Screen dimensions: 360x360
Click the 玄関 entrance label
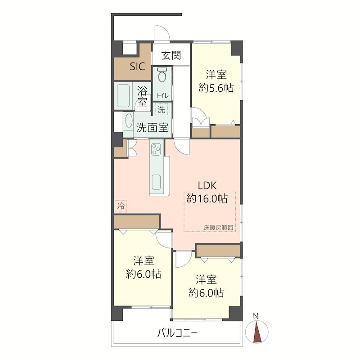171,56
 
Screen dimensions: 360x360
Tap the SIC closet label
137,67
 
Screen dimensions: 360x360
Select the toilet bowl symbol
162,74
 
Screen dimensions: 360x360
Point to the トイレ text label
162,95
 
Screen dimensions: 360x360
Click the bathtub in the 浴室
123,96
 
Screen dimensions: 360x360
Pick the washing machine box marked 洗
162,109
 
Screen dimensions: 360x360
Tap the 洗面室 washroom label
152,128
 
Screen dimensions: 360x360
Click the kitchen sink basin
156,182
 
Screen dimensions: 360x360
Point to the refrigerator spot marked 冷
121,206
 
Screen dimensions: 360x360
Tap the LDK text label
207,186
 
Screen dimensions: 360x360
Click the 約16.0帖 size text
207,198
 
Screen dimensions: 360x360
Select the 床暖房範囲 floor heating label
219,228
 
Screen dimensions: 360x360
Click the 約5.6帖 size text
216,88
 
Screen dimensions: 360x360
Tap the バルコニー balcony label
177,333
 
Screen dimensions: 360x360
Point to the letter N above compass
256,316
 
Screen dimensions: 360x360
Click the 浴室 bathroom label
142,96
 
